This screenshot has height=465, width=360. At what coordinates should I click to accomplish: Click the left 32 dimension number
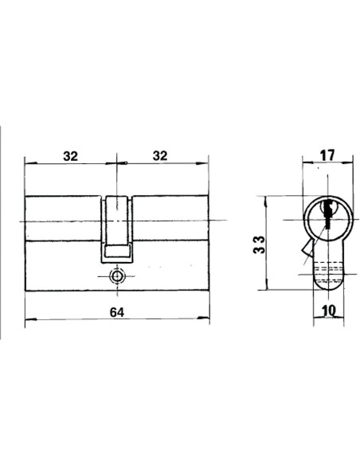pyautogui.click(x=71, y=156)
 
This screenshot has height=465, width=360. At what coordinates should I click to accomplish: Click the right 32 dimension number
pyautogui.click(x=160, y=156)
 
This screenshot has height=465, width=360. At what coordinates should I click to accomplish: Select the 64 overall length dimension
pyautogui.click(x=117, y=312)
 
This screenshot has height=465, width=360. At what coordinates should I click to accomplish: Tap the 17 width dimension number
pyautogui.click(x=327, y=155)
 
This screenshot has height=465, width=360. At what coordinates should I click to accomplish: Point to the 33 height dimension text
pyautogui.click(x=259, y=244)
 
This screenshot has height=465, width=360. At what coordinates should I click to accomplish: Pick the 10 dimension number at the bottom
pyautogui.click(x=329, y=311)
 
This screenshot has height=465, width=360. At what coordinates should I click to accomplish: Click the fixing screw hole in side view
pyautogui.click(x=117, y=276)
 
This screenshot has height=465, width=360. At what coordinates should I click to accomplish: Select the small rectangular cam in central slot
pyautogui.click(x=117, y=251)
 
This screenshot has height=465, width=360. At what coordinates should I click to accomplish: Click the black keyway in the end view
pyautogui.click(x=327, y=214)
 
